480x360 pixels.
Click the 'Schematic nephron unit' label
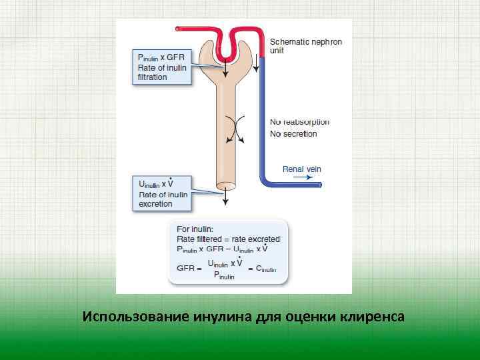305,46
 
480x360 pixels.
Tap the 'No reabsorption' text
299,122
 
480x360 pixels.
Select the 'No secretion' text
293,134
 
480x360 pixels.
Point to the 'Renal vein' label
301,169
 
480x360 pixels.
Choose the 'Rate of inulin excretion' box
162,193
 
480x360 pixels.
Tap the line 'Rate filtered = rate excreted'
228,239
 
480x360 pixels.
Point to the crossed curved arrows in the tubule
233,129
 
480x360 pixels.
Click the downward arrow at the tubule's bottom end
226,197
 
